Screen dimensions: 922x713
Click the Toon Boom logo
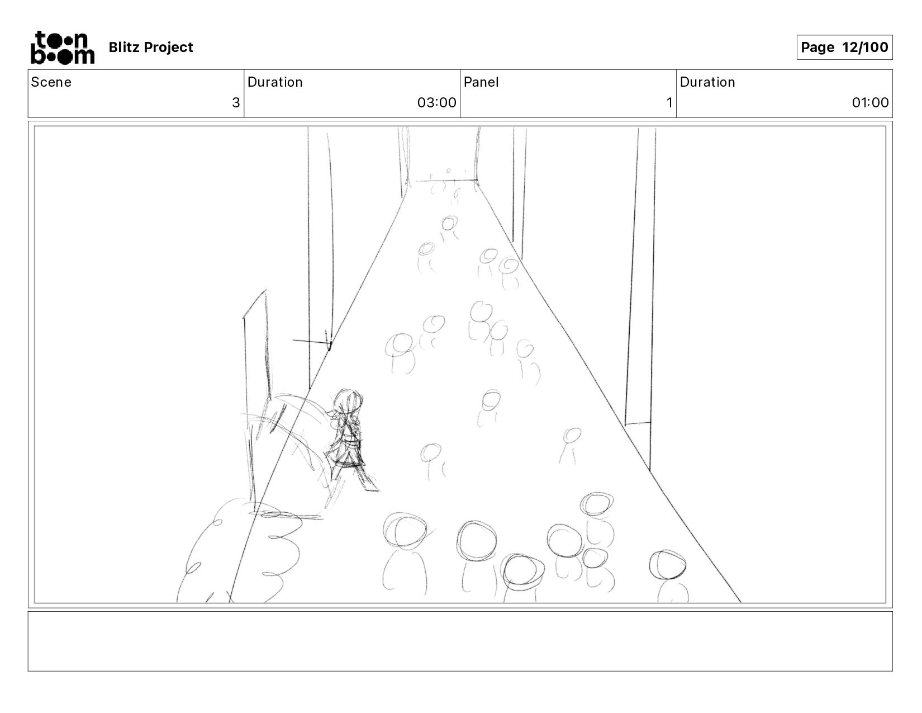(63, 48)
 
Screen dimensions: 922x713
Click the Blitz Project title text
(151, 47)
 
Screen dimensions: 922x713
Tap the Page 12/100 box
(844, 47)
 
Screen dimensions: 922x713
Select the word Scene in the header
(51, 82)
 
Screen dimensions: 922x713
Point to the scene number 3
(236, 102)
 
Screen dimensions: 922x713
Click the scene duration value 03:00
(436, 102)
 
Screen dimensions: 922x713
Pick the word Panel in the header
(481, 82)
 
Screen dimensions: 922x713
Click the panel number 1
(669, 102)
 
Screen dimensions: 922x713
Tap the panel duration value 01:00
(870, 102)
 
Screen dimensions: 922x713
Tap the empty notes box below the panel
(460, 641)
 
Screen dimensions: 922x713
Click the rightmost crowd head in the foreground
(667, 565)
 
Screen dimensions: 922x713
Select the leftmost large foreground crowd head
(405, 531)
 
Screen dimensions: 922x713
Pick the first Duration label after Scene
(275, 82)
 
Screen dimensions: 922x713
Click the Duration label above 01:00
(707, 82)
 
